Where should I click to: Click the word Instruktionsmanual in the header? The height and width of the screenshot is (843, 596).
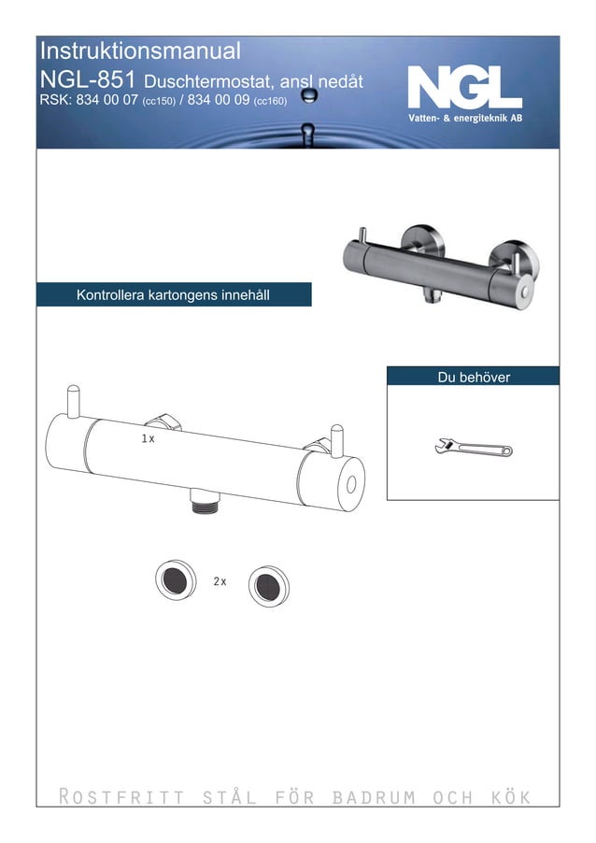coord(141,51)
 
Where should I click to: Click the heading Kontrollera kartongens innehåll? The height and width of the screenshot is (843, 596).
coord(173,295)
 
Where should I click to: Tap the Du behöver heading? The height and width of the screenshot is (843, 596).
coord(474,377)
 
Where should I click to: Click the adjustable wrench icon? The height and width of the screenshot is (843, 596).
coord(473,449)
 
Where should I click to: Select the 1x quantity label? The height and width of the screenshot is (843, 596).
coord(148,438)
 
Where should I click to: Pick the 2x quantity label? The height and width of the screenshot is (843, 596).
coord(220,581)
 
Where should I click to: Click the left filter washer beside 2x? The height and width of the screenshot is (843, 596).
coord(176,580)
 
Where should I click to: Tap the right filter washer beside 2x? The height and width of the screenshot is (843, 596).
coord(268,584)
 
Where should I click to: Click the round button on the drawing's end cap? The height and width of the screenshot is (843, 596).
coord(351,483)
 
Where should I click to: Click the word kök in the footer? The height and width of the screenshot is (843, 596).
coord(510,797)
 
